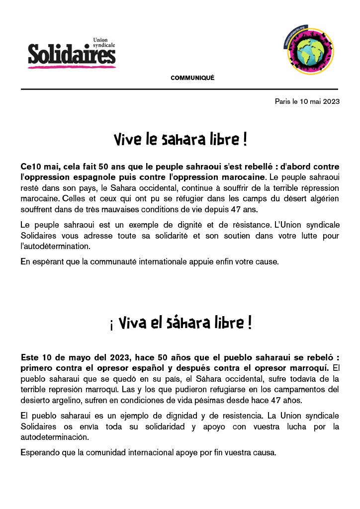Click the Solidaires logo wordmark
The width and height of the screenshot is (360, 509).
(x=72, y=54)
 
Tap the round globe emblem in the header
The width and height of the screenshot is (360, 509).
(x=308, y=52)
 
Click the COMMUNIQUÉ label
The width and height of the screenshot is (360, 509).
(x=192, y=78)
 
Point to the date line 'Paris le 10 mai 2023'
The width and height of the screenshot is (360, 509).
(x=307, y=101)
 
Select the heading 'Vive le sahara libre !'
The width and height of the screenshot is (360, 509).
(x=180, y=140)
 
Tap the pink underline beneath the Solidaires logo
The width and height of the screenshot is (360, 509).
(x=72, y=66)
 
